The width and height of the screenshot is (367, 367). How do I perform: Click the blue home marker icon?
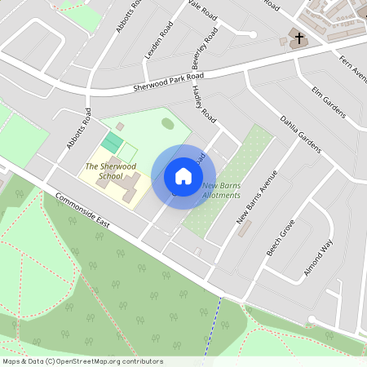coord(183,175)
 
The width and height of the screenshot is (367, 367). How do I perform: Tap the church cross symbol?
coord(299,38)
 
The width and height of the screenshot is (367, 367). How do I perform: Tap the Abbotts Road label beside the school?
coord(77,130)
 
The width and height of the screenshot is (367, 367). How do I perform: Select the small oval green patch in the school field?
coord(167,123)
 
